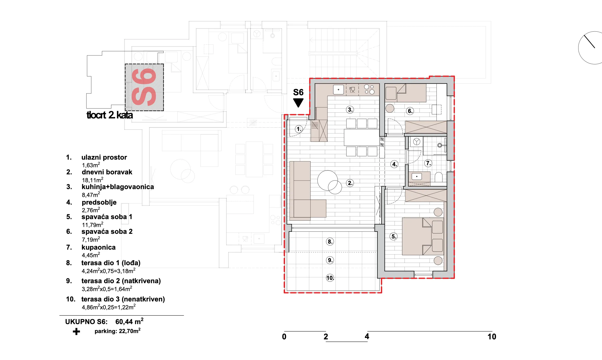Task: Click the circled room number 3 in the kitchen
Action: click(350, 110)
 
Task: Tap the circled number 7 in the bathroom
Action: click(428, 163)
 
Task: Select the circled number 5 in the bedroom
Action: click(394, 236)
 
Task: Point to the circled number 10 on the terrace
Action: click(330, 278)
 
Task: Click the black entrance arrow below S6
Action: click(298, 103)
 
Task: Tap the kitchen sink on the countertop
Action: click(338, 89)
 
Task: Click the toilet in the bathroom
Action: click(438, 177)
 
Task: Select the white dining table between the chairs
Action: click(361, 137)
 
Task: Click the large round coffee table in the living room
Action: click(327, 180)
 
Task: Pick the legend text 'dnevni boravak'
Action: click(107, 172)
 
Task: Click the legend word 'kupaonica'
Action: click(98, 247)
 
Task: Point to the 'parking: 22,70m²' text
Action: click(117, 331)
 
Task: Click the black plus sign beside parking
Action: click(76, 332)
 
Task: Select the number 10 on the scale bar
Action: click(492, 337)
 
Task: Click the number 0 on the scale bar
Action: click(284, 337)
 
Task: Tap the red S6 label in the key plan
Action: click(144, 87)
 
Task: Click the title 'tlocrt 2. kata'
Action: click(110, 115)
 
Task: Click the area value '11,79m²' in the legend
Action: click(93, 225)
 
